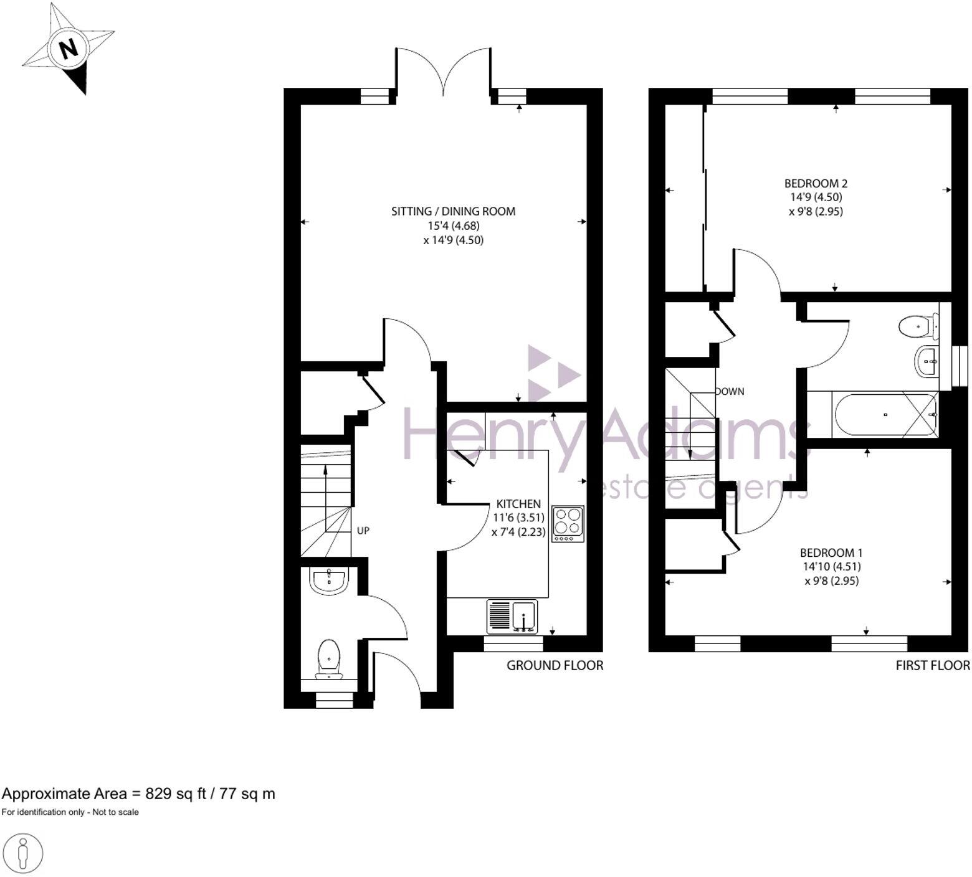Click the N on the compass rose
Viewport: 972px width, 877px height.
click(x=68, y=48)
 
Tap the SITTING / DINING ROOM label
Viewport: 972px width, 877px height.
click(x=453, y=211)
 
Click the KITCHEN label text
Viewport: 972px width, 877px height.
click(x=518, y=503)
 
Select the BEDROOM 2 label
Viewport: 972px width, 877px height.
click(x=816, y=183)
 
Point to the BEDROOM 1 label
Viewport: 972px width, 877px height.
click(x=831, y=552)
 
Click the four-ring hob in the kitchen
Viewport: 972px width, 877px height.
click(x=568, y=524)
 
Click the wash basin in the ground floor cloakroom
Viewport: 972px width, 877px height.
click(x=329, y=581)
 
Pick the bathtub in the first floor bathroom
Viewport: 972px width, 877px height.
click(x=884, y=414)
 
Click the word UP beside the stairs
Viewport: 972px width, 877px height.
click(x=363, y=531)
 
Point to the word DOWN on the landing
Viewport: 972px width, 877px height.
click(x=730, y=392)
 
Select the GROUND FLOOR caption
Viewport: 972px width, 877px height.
click(x=555, y=665)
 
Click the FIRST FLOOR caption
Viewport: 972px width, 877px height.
click(x=932, y=665)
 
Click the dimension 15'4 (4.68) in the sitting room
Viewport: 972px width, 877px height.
click(x=453, y=225)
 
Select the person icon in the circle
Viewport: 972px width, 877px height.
click(x=23, y=851)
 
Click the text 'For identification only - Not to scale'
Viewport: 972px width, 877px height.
click(x=70, y=812)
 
